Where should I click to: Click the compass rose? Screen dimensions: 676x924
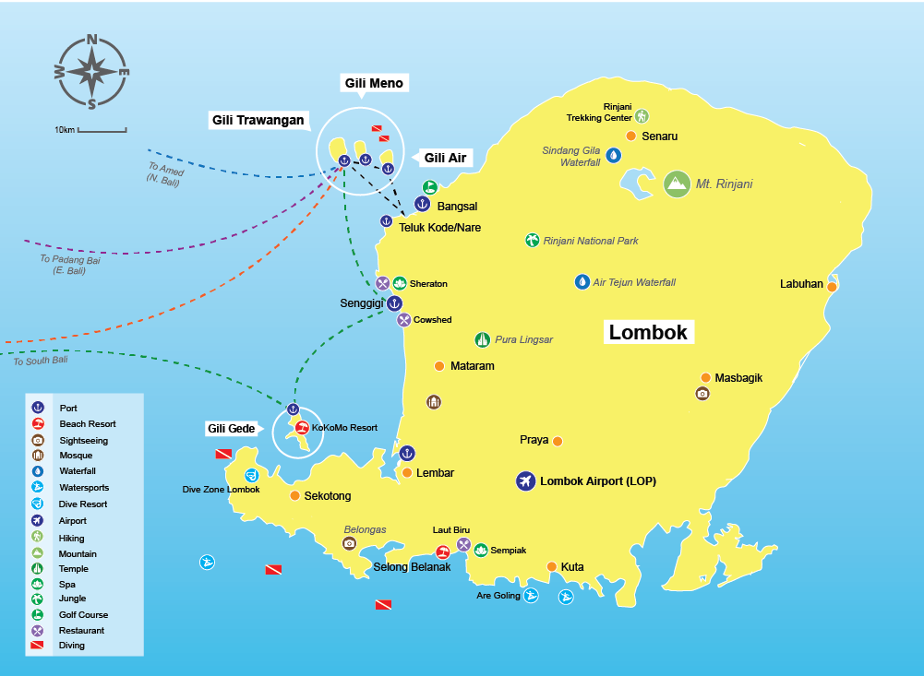pyautogui.click(x=91, y=72)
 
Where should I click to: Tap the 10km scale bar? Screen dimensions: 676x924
pyautogui.click(x=102, y=130)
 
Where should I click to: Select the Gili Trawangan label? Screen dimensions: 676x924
pyautogui.click(x=258, y=120)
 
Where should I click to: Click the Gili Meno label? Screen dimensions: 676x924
pyautogui.click(x=374, y=83)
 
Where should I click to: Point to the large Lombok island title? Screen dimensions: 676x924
pyautogui.click(x=648, y=332)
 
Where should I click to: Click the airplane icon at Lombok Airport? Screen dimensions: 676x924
pyautogui.click(x=525, y=481)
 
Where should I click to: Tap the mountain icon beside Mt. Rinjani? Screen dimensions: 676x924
pyautogui.click(x=677, y=184)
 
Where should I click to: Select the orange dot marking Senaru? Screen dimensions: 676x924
pyautogui.click(x=631, y=136)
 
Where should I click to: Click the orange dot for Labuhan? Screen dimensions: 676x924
pyautogui.click(x=831, y=287)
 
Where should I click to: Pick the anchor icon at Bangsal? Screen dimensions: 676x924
pyautogui.click(x=423, y=204)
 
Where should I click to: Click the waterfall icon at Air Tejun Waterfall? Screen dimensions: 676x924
pyautogui.click(x=582, y=281)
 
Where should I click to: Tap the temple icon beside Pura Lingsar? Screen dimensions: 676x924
pyautogui.click(x=482, y=339)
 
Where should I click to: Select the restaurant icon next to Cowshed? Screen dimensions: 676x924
pyautogui.click(x=403, y=320)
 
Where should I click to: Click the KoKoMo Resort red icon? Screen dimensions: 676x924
pyautogui.click(x=301, y=428)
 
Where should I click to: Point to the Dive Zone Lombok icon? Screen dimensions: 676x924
pyautogui.click(x=251, y=476)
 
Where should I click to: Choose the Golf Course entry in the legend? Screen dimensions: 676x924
pyautogui.click(x=82, y=615)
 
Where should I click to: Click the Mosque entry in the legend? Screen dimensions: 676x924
pyautogui.click(x=75, y=456)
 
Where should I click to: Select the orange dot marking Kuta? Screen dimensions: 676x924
pyautogui.click(x=551, y=567)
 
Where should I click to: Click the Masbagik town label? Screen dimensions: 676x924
pyautogui.click(x=738, y=377)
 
